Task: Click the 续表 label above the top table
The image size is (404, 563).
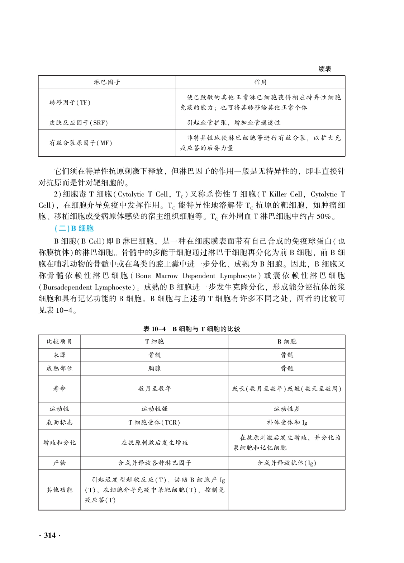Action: [x=325, y=69]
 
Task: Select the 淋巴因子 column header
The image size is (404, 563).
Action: [x=107, y=82]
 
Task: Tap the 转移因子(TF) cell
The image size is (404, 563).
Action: [x=70, y=103]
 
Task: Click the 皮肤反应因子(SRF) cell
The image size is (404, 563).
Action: [x=79, y=123]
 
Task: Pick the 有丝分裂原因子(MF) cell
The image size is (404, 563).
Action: [x=81, y=143]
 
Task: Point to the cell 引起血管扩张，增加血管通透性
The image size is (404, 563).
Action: [x=233, y=123]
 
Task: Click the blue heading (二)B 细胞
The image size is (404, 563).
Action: [x=74, y=228]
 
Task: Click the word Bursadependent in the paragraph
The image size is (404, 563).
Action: [x=67, y=287]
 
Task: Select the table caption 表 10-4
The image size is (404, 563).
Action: [x=155, y=329]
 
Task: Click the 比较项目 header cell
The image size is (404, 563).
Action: [x=60, y=341]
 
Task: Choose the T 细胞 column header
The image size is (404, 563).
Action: [x=155, y=341]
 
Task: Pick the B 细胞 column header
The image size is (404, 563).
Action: [x=287, y=341]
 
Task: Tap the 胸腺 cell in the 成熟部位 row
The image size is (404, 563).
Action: [x=155, y=368]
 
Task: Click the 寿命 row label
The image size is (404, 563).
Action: [x=60, y=388]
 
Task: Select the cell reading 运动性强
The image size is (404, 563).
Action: [x=155, y=409]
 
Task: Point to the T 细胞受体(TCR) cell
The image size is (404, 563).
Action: [x=155, y=422]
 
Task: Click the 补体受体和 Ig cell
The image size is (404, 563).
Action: [x=287, y=422]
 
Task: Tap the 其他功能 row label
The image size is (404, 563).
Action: [x=60, y=489]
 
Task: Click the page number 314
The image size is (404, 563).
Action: [x=50, y=535]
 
